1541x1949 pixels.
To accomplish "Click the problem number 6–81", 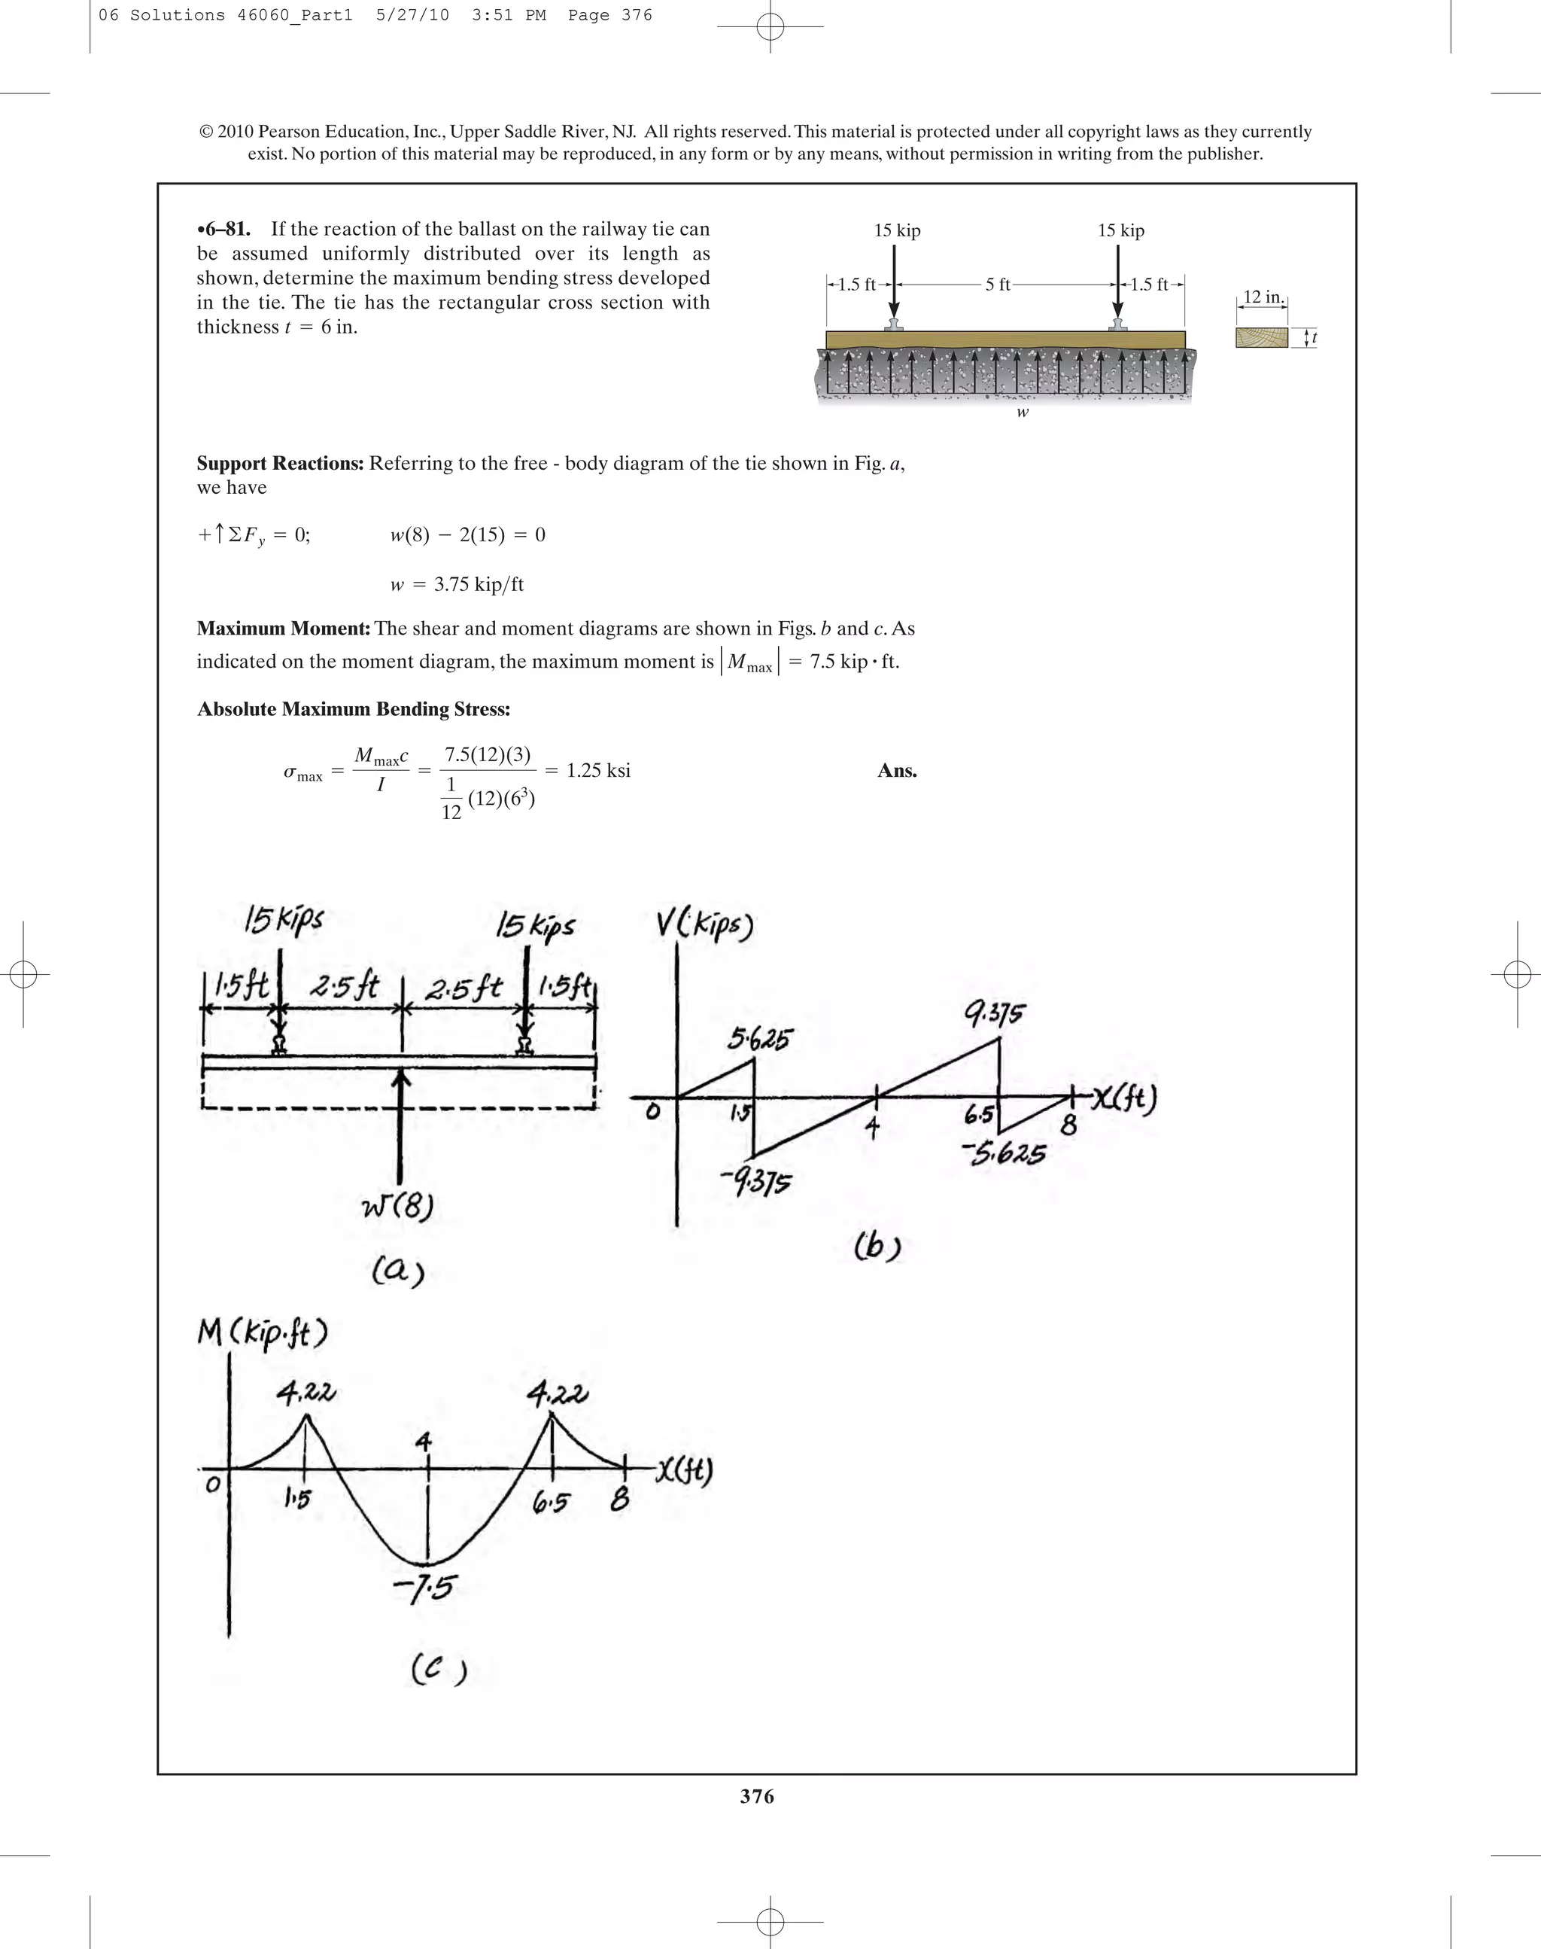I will (223, 230).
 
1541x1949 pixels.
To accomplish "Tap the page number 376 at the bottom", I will (757, 1795).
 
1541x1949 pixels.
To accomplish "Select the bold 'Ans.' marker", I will (897, 770).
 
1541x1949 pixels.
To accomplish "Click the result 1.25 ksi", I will (598, 770).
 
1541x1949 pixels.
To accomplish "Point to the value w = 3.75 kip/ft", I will (457, 584).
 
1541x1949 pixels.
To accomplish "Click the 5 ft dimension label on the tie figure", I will (998, 285).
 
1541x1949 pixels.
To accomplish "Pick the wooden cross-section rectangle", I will (1261, 337).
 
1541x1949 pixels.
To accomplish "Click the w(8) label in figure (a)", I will (397, 1205).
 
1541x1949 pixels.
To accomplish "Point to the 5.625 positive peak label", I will (758, 1040).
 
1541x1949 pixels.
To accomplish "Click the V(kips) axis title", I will (704, 924).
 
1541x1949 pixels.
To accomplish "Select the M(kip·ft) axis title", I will (262, 1332).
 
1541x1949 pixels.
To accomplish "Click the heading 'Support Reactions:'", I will (281, 463).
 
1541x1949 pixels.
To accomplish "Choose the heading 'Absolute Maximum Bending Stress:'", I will (354, 710).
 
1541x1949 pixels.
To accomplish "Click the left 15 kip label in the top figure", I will (897, 230).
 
